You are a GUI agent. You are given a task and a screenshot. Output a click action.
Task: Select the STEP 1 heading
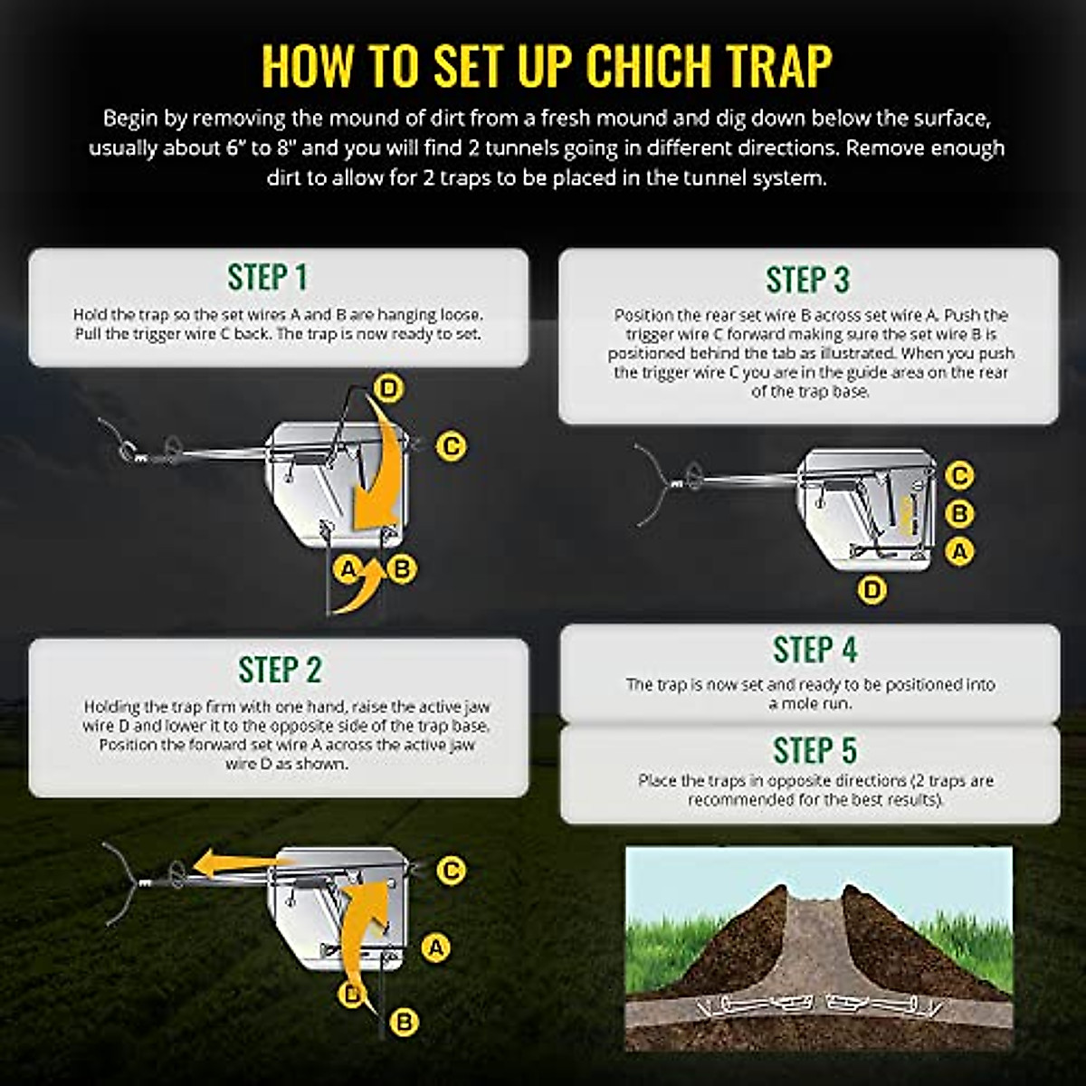268,278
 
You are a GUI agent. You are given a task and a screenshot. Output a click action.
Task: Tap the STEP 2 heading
280,669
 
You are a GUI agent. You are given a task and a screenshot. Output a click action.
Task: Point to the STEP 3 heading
807,280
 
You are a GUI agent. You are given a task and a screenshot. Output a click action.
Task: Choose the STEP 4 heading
814,650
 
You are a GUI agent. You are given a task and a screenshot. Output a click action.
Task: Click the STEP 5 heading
814,750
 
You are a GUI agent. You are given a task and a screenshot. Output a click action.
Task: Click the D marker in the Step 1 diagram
388,389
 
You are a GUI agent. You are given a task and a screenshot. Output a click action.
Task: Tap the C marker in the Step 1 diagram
451,445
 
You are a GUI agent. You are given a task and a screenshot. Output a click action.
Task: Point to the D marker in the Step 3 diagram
872,590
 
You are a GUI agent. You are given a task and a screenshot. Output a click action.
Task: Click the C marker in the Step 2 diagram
451,870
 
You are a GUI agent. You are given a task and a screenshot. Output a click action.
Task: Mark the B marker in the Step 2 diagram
405,1023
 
